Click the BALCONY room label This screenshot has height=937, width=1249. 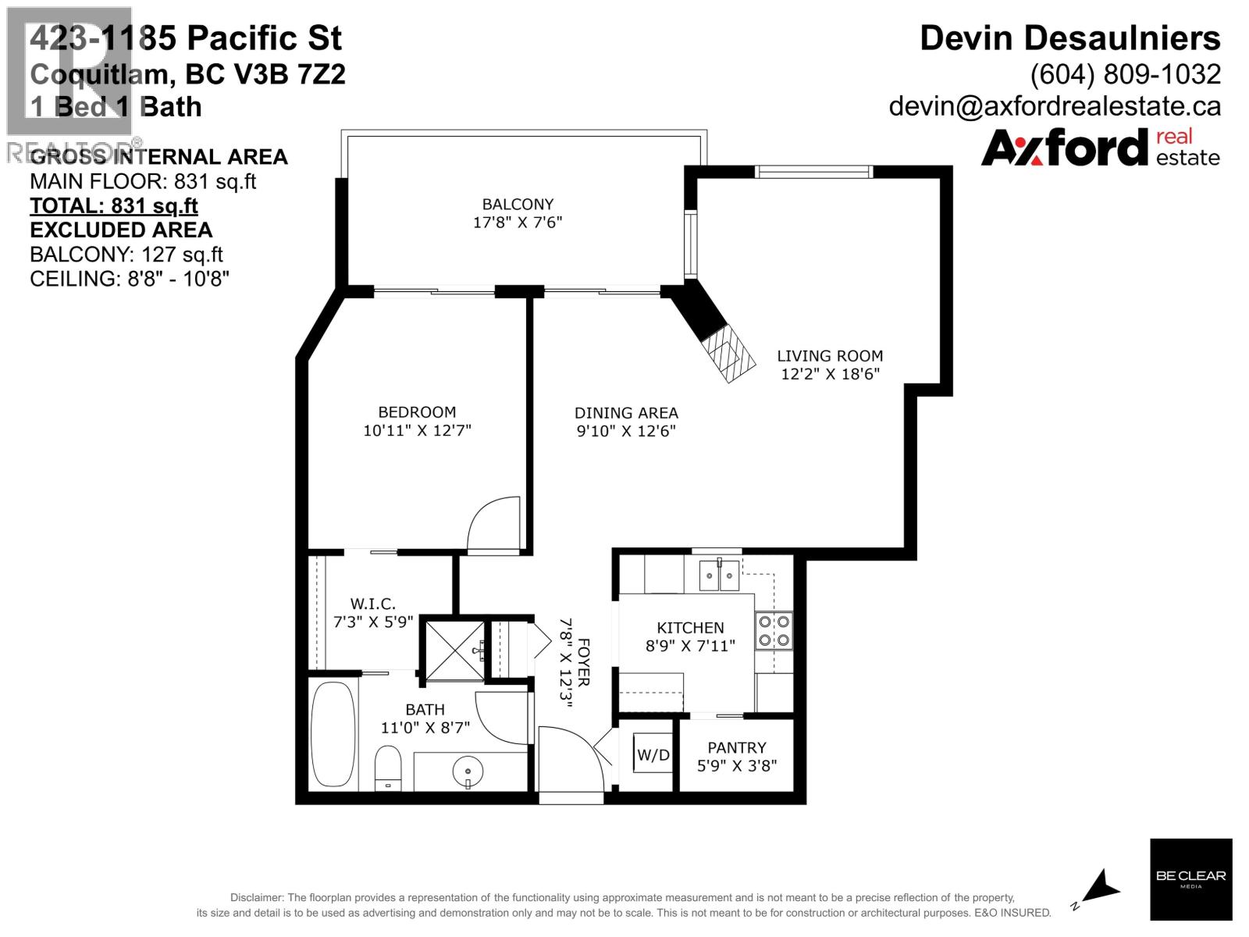click(x=518, y=205)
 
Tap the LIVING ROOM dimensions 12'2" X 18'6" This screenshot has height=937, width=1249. click(x=830, y=374)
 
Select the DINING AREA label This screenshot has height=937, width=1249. click(x=626, y=413)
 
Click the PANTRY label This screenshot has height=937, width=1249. click(x=736, y=747)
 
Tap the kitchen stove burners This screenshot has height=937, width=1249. click(x=774, y=631)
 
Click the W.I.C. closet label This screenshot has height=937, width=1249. click(x=372, y=604)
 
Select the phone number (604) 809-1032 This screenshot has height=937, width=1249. click(x=1125, y=74)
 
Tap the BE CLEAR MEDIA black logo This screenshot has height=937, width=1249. click(x=1190, y=878)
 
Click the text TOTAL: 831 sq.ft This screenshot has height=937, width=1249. click(x=113, y=206)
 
